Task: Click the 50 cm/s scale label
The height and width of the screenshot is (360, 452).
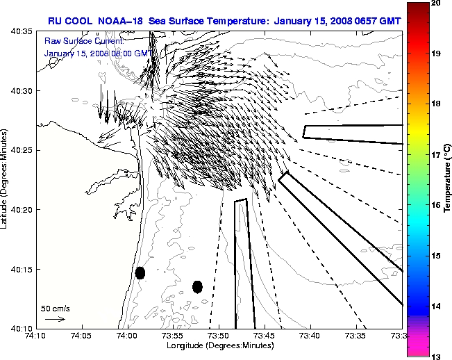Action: coord(56,308)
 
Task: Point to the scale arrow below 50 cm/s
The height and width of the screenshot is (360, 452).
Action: coord(56,319)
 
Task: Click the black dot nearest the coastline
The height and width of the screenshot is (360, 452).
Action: coord(140,272)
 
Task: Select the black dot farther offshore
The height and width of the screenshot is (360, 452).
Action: coord(197,286)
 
